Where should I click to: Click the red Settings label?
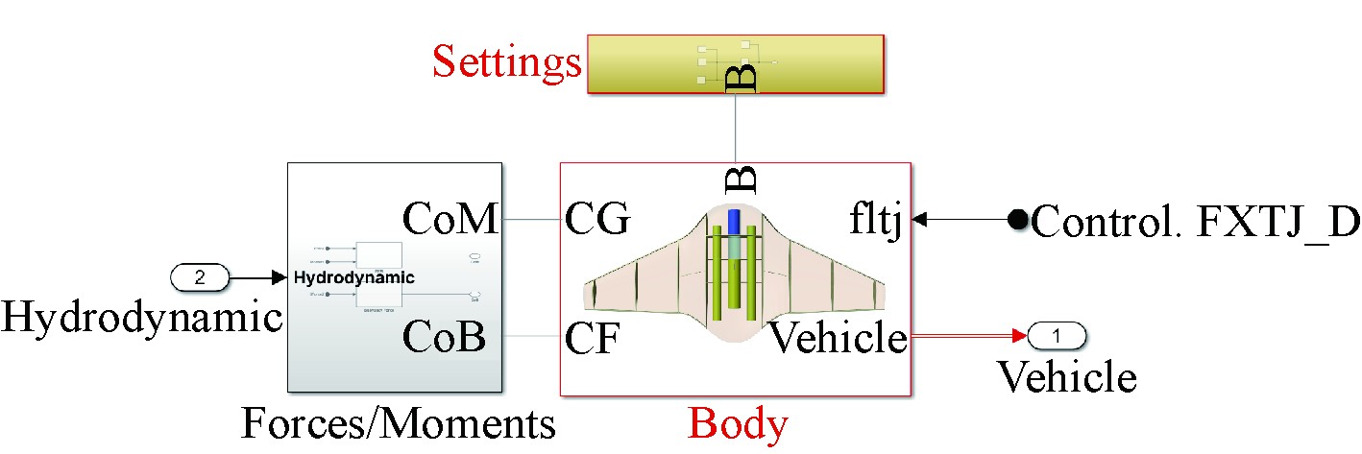[506, 62]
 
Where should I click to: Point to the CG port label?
[597, 221]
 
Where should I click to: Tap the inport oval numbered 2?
[200, 278]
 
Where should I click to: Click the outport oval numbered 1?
[1057, 336]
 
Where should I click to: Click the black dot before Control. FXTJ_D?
[1017, 221]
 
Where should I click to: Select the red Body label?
[739, 423]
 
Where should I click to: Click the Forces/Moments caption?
[398, 423]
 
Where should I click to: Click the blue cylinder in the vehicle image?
[735, 222]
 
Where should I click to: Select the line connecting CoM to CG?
[531, 221]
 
